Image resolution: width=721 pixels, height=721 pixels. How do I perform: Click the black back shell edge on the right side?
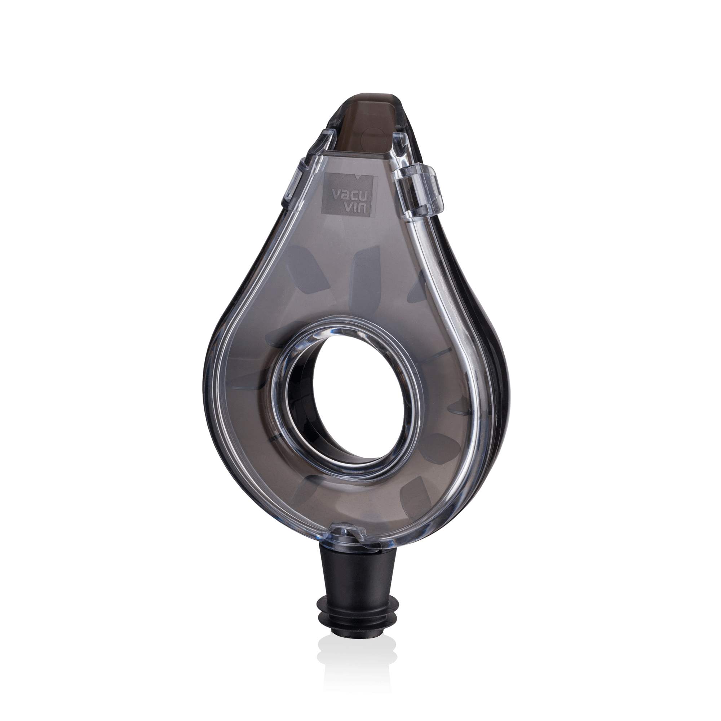point(502,354)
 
